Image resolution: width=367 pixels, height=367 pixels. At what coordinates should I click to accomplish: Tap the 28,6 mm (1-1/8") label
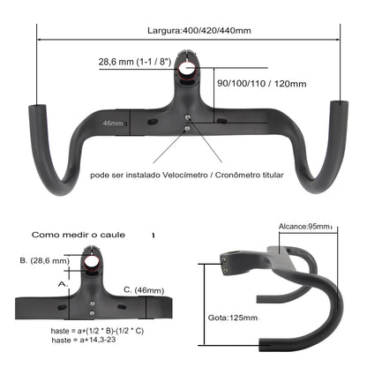[x=135, y=63]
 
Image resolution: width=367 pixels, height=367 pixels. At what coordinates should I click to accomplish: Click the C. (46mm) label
[x=143, y=289]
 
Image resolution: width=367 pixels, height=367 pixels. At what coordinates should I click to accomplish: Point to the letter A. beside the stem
[x=61, y=284]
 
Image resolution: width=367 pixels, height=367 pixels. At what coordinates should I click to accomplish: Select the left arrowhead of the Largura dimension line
[x=40, y=39]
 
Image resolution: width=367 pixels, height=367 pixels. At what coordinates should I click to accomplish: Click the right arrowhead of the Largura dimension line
[x=339, y=39]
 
